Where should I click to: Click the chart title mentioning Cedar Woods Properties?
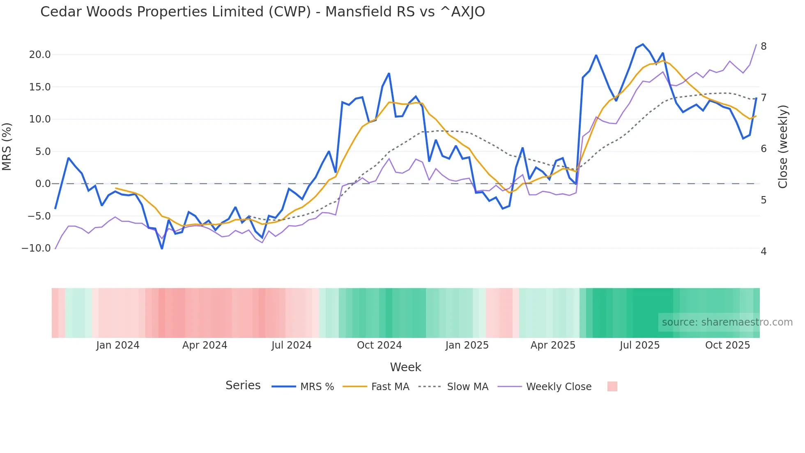tap(262, 12)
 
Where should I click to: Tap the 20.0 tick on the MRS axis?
tap(40, 55)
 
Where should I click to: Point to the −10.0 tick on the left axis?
tap(36, 248)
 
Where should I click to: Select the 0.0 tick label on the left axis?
tap(43, 184)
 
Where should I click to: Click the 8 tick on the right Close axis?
tap(764, 46)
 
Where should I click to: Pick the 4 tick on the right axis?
tap(764, 251)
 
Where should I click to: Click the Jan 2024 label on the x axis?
tap(118, 345)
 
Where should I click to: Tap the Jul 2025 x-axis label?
tap(639, 345)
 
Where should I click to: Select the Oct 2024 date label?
tap(379, 345)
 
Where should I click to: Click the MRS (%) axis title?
tap(7, 146)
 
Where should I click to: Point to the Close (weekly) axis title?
tap(783, 146)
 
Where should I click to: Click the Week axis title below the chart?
tap(405, 367)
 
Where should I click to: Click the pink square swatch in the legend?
tap(612, 386)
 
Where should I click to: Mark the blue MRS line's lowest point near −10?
tap(162, 248)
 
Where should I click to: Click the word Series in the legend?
tap(243, 386)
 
